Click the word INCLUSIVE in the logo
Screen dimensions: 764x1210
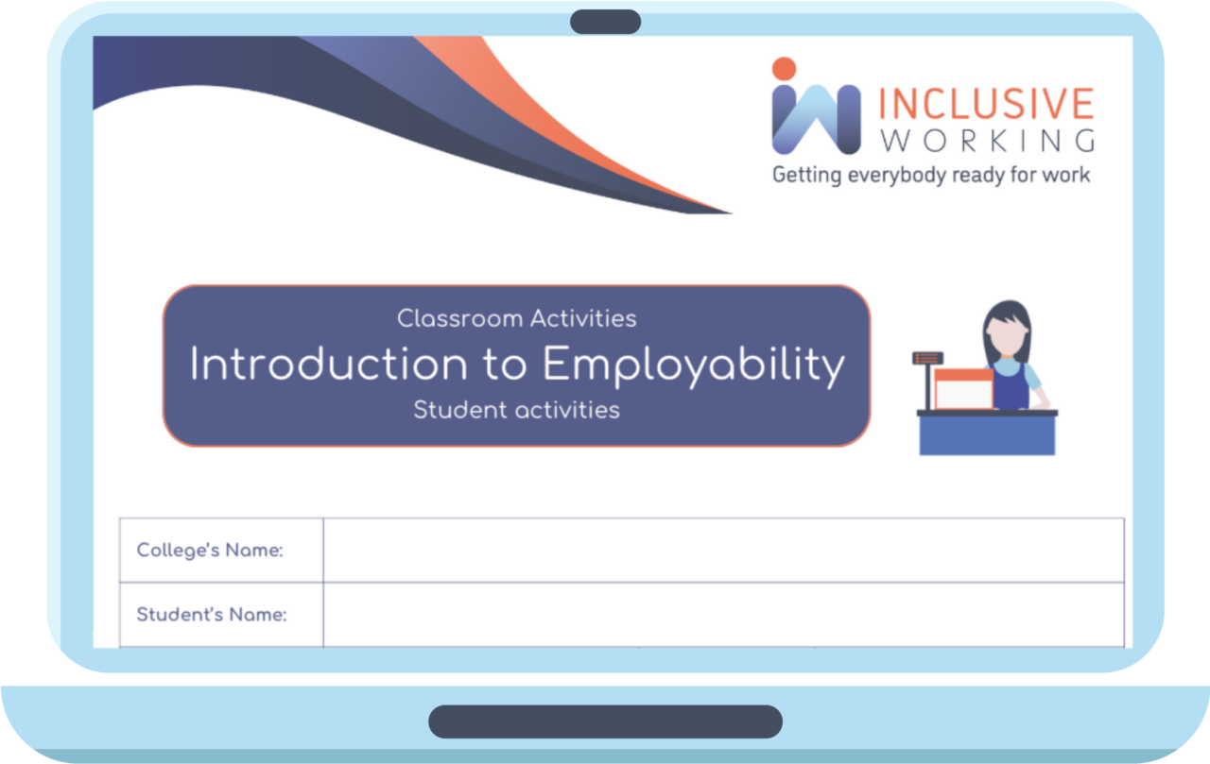click(x=986, y=105)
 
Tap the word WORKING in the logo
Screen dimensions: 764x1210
click(x=986, y=141)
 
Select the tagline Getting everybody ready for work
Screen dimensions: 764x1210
click(x=931, y=175)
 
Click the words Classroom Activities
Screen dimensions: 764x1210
click(x=516, y=318)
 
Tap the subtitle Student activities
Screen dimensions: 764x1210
click(x=516, y=410)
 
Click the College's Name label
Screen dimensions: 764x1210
click(x=210, y=550)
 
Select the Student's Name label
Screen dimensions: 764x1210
click(x=212, y=615)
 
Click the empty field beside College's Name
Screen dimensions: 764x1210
click(x=723, y=550)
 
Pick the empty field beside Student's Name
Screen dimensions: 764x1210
click(x=723, y=615)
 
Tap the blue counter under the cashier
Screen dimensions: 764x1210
click(x=987, y=435)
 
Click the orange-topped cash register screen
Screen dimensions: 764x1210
click(x=963, y=387)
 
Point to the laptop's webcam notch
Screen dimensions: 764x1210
click(x=605, y=22)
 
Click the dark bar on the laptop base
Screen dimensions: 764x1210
click(x=605, y=722)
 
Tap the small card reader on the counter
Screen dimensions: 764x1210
click(x=927, y=359)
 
